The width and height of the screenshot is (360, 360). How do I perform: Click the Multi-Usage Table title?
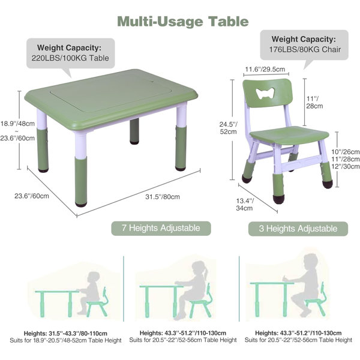pyautogui.click(x=183, y=22)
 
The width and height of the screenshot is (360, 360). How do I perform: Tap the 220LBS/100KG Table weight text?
pyautogui.click(x=70, y=58)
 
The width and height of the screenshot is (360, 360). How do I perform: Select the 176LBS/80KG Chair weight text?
pyautogui.click(x=305, y=49)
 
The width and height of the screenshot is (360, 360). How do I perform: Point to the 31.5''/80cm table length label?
pyautogui.click(x=163, y=197)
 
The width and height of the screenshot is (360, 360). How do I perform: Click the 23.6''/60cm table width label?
pyautogui.click(x=32, y=196)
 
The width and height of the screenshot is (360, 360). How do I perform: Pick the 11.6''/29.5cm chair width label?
pyautogui.click(x=265, y=69)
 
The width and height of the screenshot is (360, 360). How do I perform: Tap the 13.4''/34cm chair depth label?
pyautogui.click(x=245, y=205)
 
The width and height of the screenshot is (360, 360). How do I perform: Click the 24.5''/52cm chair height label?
pyautogui.click(x=228, y=128)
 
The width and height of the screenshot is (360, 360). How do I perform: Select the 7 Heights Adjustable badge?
pyautogui.click(x=161, y=228)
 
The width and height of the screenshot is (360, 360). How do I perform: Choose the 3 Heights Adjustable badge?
pyautogui.click(x=298, y=229)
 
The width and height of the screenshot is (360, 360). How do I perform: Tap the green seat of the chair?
pyautogui.click(x=289, y=136)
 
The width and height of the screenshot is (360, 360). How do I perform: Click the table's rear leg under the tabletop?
pyautogui.click(x=134, y=131)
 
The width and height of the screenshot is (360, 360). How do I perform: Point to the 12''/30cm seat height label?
pyautogui.click(x=346, y=166)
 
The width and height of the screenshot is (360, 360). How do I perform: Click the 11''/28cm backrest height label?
pyautogui.click(x=314, y=102)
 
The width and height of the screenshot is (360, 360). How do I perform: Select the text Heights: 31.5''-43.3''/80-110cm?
pyautogui.click(x=65, y=333)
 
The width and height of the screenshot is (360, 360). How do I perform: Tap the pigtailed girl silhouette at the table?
pyautogui.click(x=192, y=290)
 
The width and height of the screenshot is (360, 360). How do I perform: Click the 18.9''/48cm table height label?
pyautogui.click(x=17, y=124)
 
